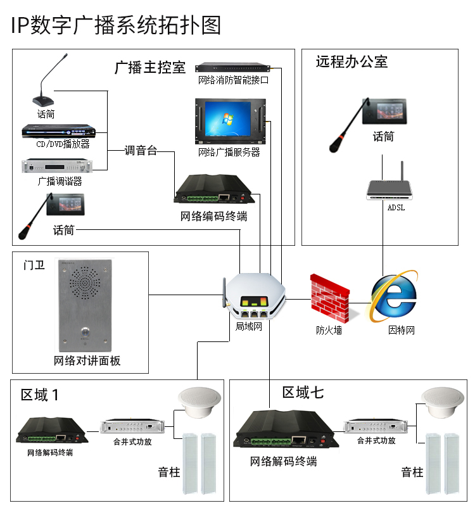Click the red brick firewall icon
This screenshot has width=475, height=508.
pos(329,298)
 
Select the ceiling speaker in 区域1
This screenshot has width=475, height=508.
pos(199,401)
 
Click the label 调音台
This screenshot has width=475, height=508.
pos(141,151)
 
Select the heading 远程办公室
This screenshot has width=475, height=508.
pos(351,61)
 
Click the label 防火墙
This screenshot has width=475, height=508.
pos(329,330)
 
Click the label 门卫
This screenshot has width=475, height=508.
pos(35,265)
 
